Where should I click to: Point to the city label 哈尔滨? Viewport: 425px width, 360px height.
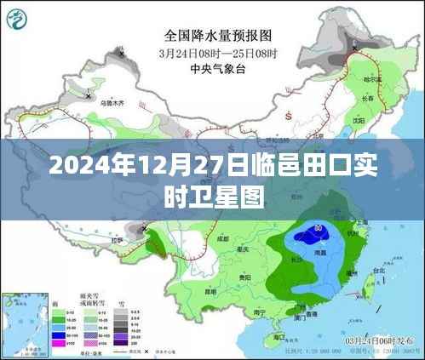(x=370, y=79)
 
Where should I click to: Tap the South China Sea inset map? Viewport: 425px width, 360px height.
(x=24, y=320)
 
